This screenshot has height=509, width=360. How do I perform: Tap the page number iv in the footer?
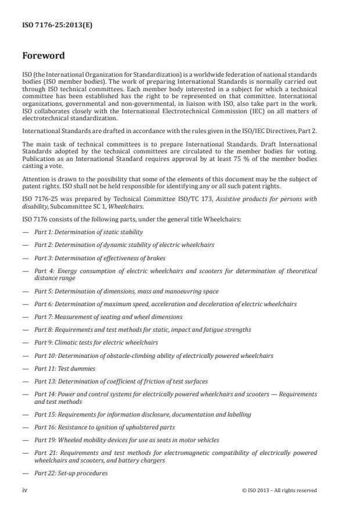(25, 490)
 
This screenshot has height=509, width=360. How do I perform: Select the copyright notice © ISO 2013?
(279, 490)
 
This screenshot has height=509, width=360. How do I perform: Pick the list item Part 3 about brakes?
(99, 257)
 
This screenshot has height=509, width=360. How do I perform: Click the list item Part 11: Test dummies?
(64, 368)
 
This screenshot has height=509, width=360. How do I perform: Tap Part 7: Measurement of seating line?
(108, 317)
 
